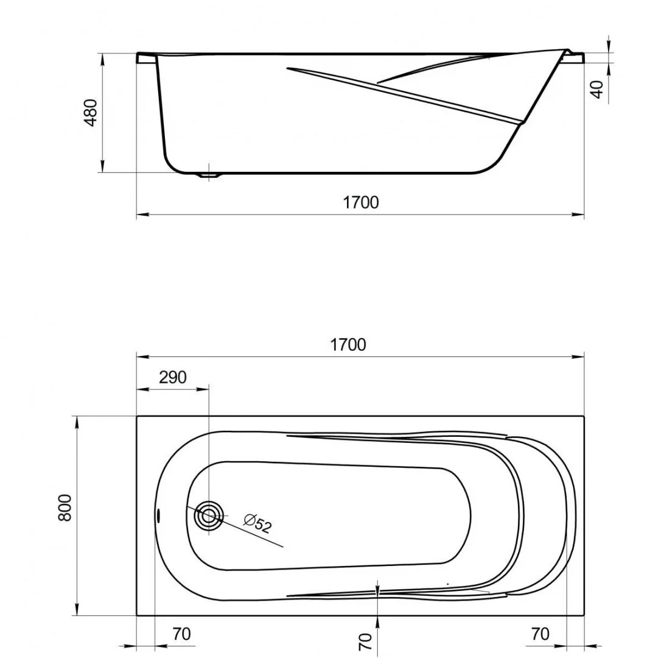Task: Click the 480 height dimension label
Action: pyautogui.click(x=90, y=112)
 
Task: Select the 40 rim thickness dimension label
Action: pyautogui.click(x=598, y=89)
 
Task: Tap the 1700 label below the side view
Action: pyautogui.click(x=360, y=202)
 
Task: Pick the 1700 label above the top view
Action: pyautogui.click(x=348, y=345)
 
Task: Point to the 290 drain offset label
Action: pyautogui.click(x=172, y=378)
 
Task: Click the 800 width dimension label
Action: pyautogui.click(x=65, y=507)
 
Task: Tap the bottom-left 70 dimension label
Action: pyautogui.click(x=181, y=634)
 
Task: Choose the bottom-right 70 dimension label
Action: pyautogui.click(x=540, y=634)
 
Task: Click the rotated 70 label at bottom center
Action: pyautogui.click(x=365, y=642)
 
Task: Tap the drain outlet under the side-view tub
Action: pyautogui.click(x=209, y=175)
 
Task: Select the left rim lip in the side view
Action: pyautogui.click(x=146, y=58)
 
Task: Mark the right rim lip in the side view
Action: pyautogui.click(x=575, y=58)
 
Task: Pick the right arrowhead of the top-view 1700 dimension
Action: pyautogui.click(x=579, y=356)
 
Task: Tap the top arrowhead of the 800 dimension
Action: pyautogui.click(x=77, y=421)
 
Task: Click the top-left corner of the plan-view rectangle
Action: pyautogui.click(x=136, y=416)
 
